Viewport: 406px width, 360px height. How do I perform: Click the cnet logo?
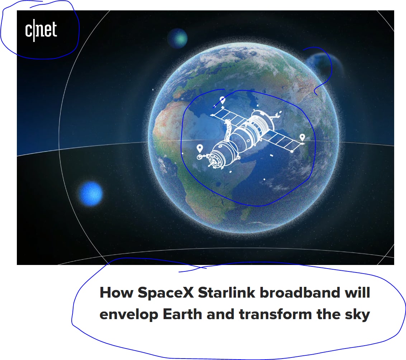41,30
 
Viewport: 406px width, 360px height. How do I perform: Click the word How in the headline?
117,293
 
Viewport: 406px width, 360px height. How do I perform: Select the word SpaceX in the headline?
166,293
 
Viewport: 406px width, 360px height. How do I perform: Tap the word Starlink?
227,293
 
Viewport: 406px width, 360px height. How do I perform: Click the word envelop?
129,315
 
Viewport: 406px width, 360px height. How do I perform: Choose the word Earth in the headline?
182,314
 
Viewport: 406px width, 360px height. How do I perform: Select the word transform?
275,314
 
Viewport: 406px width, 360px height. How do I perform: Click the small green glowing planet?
178,39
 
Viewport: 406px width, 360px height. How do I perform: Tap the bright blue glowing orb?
90,194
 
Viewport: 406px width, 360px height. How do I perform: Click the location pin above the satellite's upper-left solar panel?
222,100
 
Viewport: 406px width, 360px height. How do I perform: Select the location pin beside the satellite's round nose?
199,148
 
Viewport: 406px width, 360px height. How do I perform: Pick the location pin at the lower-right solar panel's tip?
302,137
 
